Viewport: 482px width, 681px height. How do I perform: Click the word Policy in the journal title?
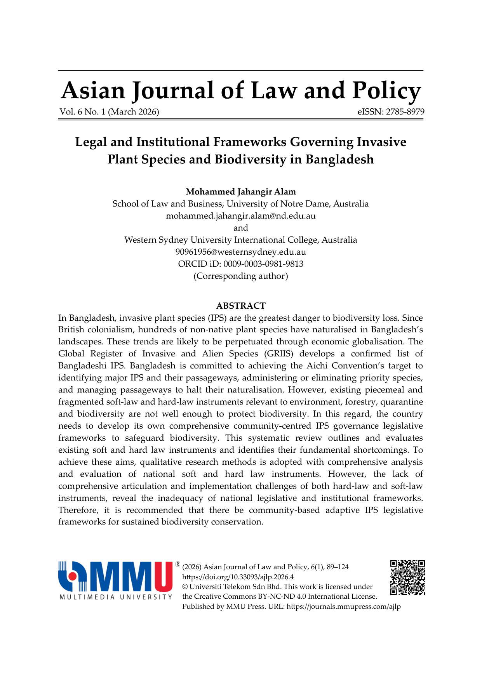pyautogui.click(x=386, y=91)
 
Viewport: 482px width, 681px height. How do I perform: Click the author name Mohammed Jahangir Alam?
pyautogui.click(x=241, y=192)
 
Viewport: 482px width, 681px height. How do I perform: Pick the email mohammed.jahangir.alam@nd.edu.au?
pyautogui.click(x=241, y=216)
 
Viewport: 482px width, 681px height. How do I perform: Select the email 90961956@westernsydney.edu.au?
pyautogui.click(x=241, y=252)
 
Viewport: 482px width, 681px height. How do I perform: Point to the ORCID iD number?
pyautogui.click(x=263, y=264)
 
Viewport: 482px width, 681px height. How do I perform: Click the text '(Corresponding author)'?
pyautogui.click(x=241, y=276)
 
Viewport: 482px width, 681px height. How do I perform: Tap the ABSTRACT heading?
pyautogui.click(x=241, y=306)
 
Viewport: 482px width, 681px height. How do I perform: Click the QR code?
pyautogui.click(x=407, y=578)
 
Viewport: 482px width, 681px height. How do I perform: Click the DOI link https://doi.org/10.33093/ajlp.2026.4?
pyautogui.click(x=238, y=577)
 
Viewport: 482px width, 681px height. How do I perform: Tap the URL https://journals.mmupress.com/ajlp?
pyautogui.click(x=343, y=606)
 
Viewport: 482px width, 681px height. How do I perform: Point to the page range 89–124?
pyautogui.click(x=338, y=567)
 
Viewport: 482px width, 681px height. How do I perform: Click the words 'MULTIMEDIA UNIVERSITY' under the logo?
pyautogui.click(x=116, y=597)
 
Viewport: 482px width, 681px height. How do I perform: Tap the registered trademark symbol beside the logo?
pyautogui.click(x=177, y=564)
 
